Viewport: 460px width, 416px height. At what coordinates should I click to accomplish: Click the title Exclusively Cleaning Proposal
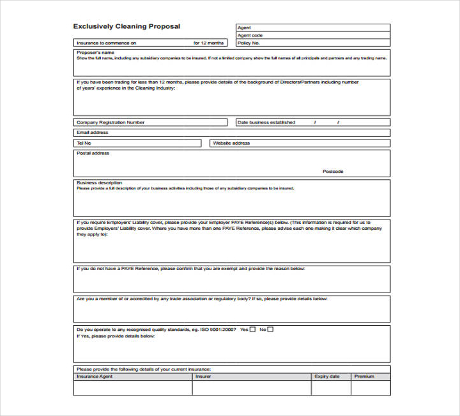[126, 27]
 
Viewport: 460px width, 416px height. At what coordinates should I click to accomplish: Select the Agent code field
[312, 35]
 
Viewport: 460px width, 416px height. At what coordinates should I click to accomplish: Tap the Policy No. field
[312, 43]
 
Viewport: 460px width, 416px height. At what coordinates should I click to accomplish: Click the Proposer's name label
[95, 52]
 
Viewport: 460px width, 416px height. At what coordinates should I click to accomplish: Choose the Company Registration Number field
[150, 122]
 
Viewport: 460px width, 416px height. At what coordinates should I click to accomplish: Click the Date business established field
[312, 122]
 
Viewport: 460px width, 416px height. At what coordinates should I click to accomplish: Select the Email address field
[231, 132]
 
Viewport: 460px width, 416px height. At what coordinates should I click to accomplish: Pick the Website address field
[300, 143]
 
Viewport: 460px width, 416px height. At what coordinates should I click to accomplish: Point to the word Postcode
[333, 172]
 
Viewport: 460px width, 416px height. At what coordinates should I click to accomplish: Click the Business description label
[99, 183]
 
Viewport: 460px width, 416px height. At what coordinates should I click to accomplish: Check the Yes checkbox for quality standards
[252, 330]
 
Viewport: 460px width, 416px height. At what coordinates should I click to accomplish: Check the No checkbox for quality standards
[270, 330]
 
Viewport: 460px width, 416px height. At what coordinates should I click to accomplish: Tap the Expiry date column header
[326, 376]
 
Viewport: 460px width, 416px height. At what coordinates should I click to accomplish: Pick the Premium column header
[364, 376]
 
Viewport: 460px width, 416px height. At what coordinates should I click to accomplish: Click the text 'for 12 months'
[208, 43]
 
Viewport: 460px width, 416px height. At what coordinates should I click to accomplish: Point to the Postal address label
[93, 154]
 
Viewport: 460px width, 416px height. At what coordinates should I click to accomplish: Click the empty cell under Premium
[371, 388]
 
